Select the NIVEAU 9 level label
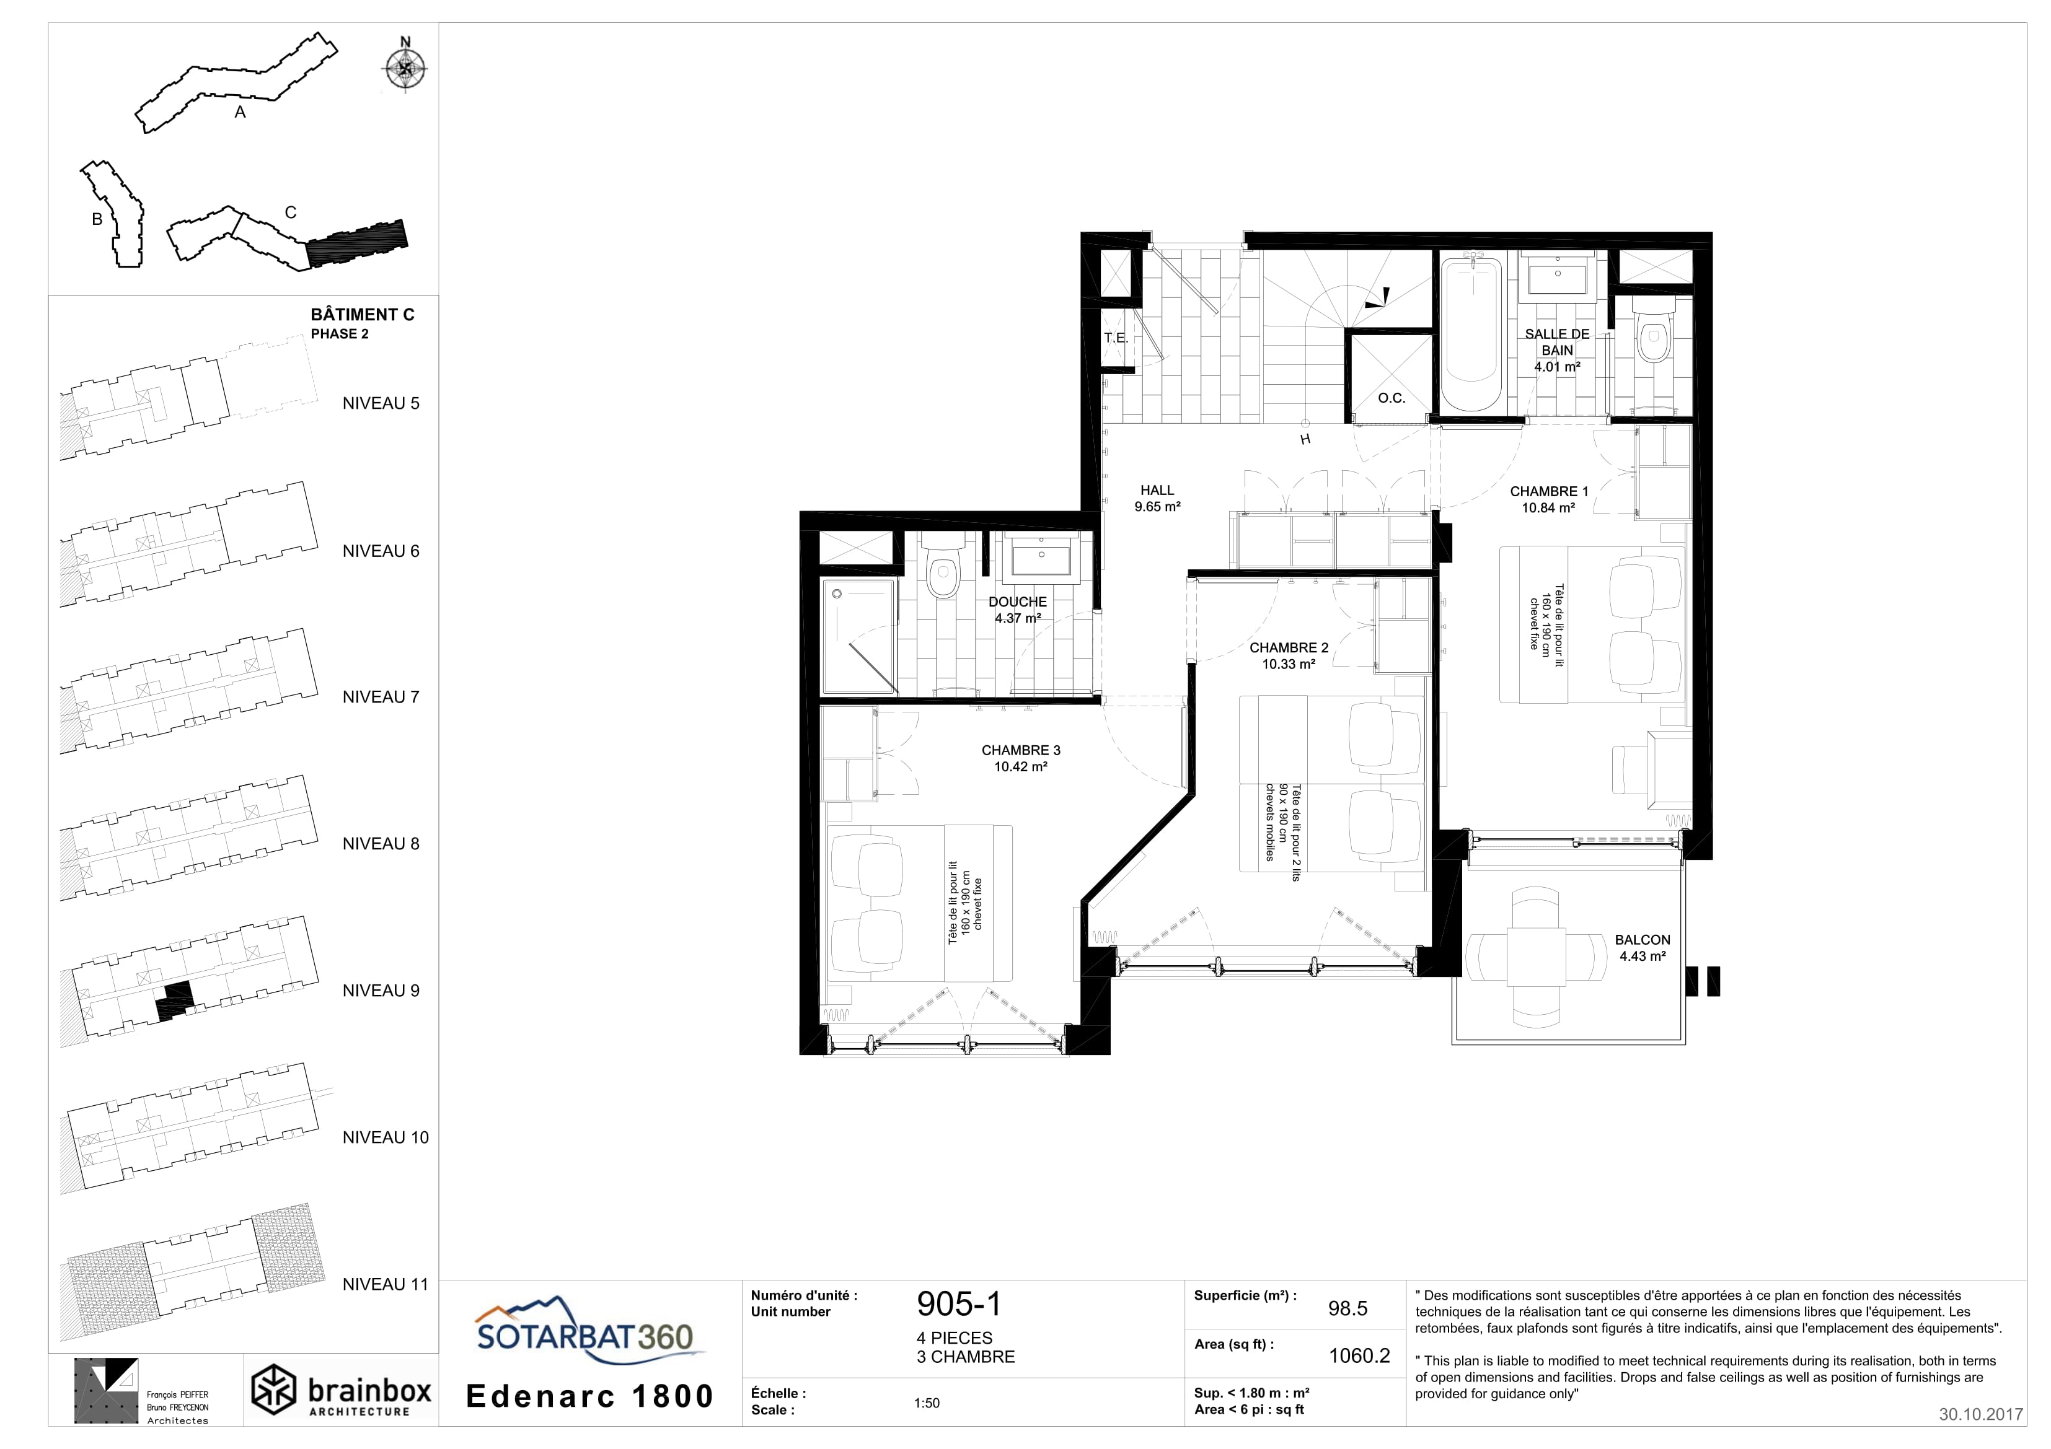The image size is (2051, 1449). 381,990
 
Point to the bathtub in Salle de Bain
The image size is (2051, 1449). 1470,332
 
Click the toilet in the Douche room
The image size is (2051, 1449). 942,568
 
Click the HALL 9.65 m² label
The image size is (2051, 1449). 1158,498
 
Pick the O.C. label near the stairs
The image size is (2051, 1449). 1391,398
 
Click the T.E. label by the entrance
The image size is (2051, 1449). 1116,338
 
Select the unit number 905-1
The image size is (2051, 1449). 958,1305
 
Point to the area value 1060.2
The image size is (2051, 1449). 1359,1355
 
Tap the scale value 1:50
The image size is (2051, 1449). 927,1403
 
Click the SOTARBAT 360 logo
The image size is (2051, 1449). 584,1331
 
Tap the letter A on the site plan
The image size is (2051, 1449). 239,113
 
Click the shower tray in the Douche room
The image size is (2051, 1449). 858,636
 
